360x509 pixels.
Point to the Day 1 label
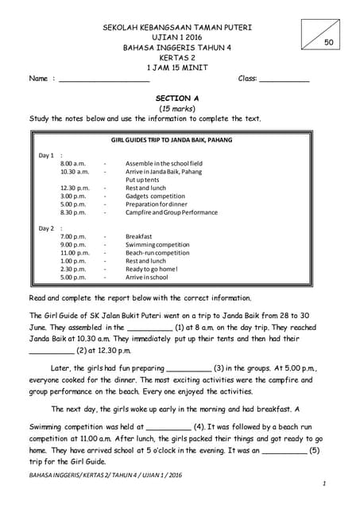pyautogui.click(x=47, y=155)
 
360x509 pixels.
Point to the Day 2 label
pyautogui.click(x=47, y=228)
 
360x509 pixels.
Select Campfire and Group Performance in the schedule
pyautogui.click(x=171, y=212)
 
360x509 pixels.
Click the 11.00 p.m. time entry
pyautogui.click(x=75, y=253)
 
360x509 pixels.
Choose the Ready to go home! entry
pyautogui.click(x=152, y=270)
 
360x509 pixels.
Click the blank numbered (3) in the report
pyautogui.click(x=189, y=369)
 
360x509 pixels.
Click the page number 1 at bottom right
pyautogui.click(x=325, y=484)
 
